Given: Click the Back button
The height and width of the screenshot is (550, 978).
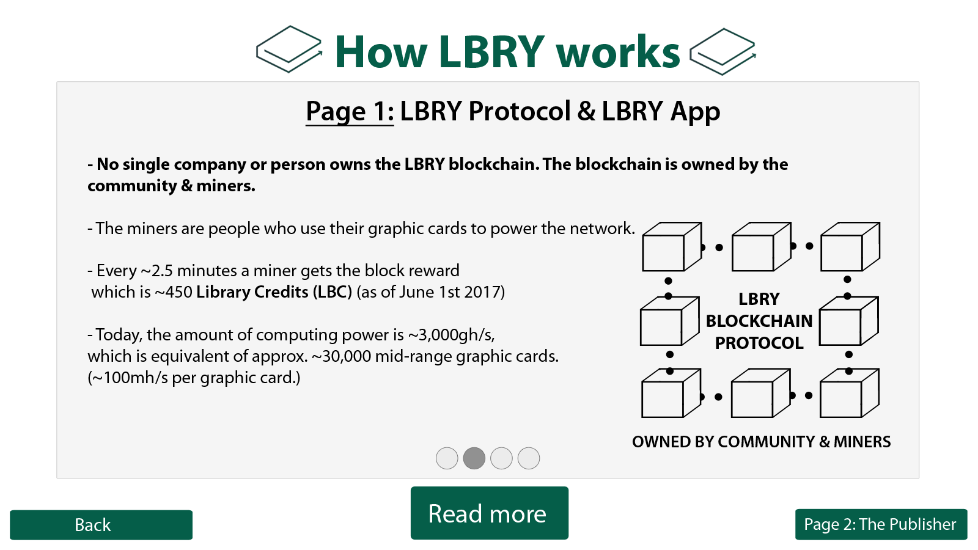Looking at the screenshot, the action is click(x=101, y=525).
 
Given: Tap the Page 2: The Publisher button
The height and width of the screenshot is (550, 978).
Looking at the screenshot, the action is click(x=881, y=524).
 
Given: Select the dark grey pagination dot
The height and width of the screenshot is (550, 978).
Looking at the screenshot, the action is click(x=474, y=458).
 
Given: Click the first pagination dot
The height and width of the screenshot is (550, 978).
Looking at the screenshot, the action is click(x=447, y=458).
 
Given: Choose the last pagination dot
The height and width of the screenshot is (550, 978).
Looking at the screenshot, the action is click(x=529, y=458).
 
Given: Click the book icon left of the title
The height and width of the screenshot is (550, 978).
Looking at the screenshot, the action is click(x=289, y=49).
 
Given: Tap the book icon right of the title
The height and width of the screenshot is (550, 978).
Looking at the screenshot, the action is click(x=722, y=51).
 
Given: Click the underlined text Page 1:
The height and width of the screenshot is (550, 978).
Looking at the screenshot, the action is click(x=350, y=111).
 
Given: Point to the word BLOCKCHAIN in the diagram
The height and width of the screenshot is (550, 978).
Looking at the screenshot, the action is click(x=759, y=321).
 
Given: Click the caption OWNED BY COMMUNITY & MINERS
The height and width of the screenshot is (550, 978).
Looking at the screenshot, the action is click(x=762, y=442).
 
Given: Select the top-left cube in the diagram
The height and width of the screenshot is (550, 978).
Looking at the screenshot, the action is click(x=672, y=247).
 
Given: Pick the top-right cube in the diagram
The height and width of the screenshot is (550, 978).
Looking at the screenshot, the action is click(x=850, y=247).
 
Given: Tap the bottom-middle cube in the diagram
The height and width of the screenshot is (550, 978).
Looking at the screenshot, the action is click(x=760, y=393).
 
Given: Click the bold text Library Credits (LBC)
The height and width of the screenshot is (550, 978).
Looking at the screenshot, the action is click(x=274, y=292).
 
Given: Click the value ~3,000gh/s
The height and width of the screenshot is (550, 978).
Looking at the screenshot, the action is click(x=452, y=335).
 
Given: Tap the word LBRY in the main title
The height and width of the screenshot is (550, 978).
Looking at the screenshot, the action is click(x=491, y=51).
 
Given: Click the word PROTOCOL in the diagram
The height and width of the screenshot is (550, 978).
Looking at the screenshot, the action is click(x=759, y=343).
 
